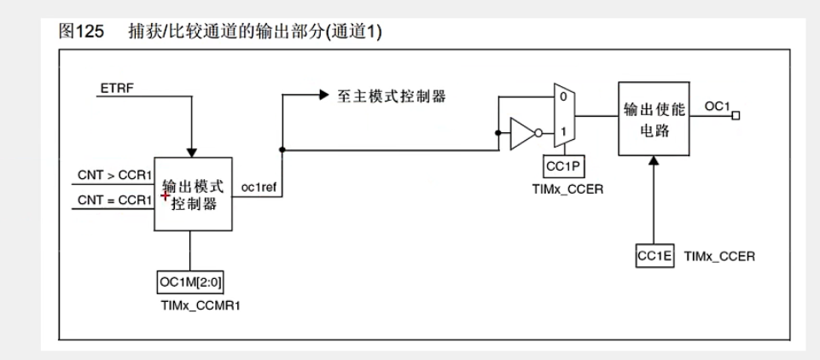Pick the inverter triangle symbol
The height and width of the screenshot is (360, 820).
pyautogui.click(x=521, y=132)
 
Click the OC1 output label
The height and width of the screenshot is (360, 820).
pyautogui.click(x=717, y=104)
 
